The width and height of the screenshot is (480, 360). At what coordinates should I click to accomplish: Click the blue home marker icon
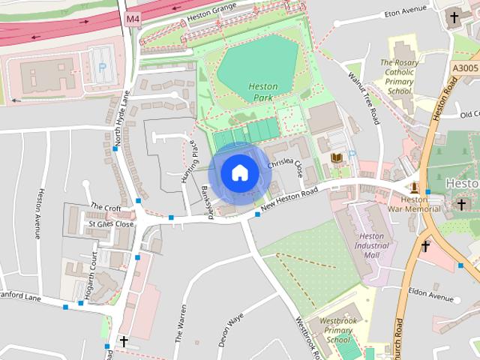tap(239, 172)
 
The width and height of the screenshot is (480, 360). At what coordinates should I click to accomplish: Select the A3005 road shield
tap(466, 67)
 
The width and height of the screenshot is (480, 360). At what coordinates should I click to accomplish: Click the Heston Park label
tap(262, 92)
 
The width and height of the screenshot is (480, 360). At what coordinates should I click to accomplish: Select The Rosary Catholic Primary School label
tap(400, 76)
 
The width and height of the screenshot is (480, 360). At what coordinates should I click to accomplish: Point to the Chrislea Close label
tap(289, 164)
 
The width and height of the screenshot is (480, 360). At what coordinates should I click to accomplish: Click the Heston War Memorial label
tap(420, 205)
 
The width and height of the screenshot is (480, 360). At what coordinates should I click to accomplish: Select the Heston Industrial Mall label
tap(372, 245)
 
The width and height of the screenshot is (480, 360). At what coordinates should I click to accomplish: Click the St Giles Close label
tap(110, 223)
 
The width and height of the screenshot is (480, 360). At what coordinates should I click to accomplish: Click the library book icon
tap(337, 157)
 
